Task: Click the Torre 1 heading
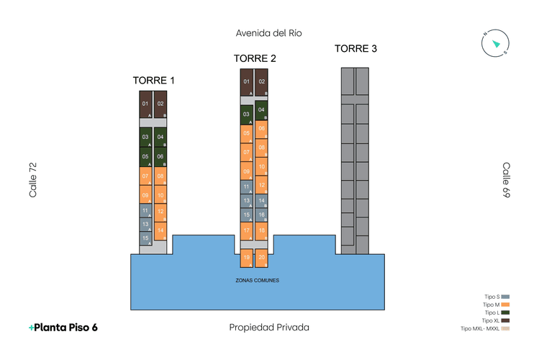pos(153,80)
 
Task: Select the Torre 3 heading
pos(355,49)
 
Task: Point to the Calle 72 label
pos(32,180)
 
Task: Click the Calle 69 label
pos(506,180)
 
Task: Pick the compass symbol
pos(495,43)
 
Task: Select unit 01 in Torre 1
pos(145,105)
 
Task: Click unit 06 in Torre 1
pos(160,157)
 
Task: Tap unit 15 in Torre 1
pos(146,238)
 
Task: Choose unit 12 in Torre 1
pos(160,212)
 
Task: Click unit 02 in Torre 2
pos(262,83)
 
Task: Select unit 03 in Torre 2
pos(247,114)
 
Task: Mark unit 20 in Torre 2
pos(262,258)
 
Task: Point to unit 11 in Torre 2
pos(247,186)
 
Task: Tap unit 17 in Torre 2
pos(247,231)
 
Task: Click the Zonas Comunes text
pos(257,280)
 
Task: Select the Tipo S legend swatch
pos(505,297)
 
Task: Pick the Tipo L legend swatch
pos(505,312)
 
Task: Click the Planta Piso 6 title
pos(63,328)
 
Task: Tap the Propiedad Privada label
pos(269,328)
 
